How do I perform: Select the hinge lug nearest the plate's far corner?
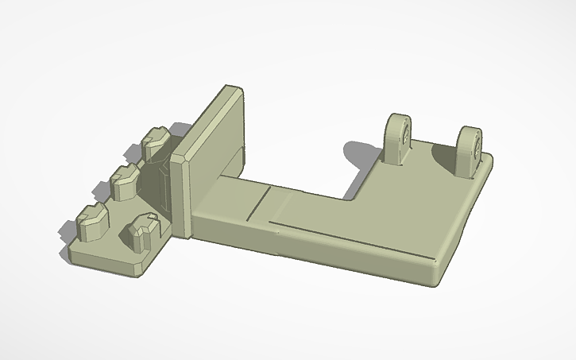click(470, 149)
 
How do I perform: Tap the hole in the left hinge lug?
click(404, 136)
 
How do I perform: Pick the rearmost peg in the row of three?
click(157, 141)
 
